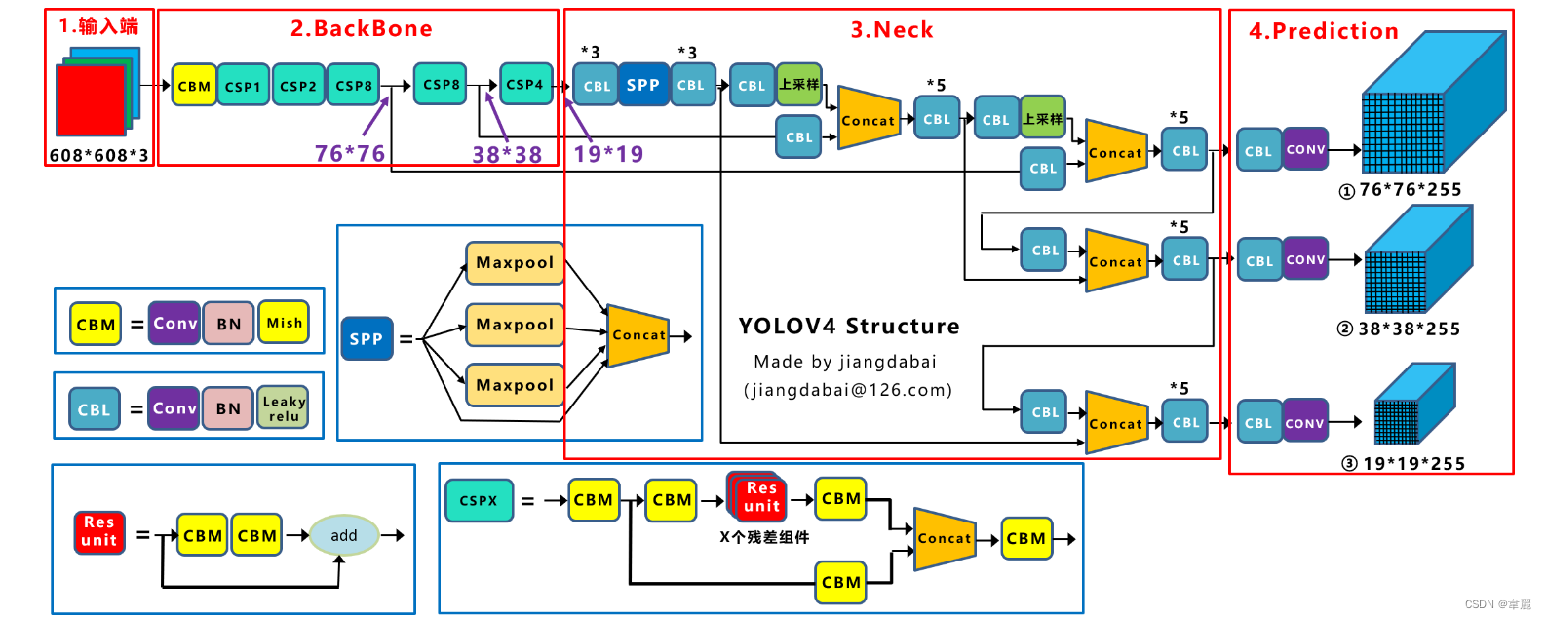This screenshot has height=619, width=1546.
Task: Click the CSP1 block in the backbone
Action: tap(244, 86)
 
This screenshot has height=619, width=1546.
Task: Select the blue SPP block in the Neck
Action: tap(643, 85)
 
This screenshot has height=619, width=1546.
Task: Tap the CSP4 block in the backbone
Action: tap(525, 85)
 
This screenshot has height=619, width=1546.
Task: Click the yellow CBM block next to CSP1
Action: tap(194, 86)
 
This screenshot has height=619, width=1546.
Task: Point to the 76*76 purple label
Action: tap(350, 153)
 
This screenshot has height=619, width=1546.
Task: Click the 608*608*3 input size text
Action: tap(99, 155)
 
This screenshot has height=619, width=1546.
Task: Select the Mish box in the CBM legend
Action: tap(284, 323)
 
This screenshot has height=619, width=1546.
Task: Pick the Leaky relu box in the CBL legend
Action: tap(284, 407)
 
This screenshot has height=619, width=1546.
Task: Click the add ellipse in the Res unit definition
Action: tap(343, 535)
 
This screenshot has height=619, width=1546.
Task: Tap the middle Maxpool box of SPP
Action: tap(515, 325)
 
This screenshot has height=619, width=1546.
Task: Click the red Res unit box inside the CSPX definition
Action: tap(761, 497)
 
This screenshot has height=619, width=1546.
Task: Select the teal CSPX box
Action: tap(479, 500)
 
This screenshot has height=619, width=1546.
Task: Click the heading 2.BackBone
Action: tap(361, 29)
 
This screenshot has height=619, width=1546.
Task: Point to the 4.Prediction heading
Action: tap(1324, 31)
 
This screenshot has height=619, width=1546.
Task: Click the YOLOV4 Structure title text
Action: tap(848, 327)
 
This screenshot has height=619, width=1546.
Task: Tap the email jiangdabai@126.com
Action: tap(848, 390)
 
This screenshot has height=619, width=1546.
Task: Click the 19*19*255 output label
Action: tap(1413, 464)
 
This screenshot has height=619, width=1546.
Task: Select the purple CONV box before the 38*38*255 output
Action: tap(1305, 259)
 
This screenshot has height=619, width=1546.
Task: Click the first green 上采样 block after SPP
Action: tap(799, 85)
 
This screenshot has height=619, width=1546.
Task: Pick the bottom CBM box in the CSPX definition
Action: tap(841, 582)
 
